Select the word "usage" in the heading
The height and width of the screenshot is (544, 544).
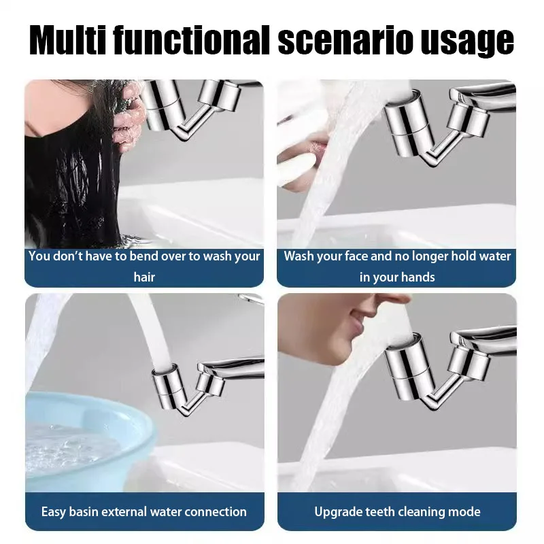point(471,42)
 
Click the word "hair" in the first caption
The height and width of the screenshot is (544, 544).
point(144,277)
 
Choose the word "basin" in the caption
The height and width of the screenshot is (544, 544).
point(88,511)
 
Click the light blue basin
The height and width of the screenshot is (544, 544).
point(75,435)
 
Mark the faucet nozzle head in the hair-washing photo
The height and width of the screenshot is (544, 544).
point(162,105)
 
